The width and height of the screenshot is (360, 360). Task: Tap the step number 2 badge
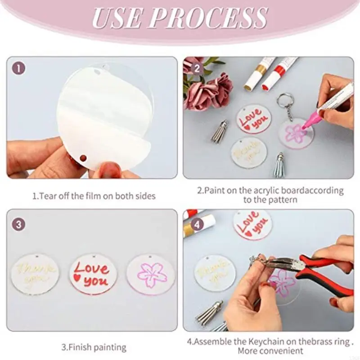197,69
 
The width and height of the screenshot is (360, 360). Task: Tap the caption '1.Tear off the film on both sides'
94,196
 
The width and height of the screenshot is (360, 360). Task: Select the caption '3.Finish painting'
94,347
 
